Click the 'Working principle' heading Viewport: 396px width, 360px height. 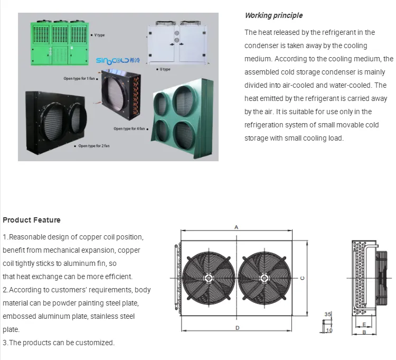click(274, 15)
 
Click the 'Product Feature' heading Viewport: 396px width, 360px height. click(32, 220)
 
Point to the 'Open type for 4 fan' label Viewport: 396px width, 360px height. click(130, 128)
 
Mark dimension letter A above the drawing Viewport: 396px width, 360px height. click(237, 227)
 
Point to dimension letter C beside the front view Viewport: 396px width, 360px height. click(302, 278)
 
